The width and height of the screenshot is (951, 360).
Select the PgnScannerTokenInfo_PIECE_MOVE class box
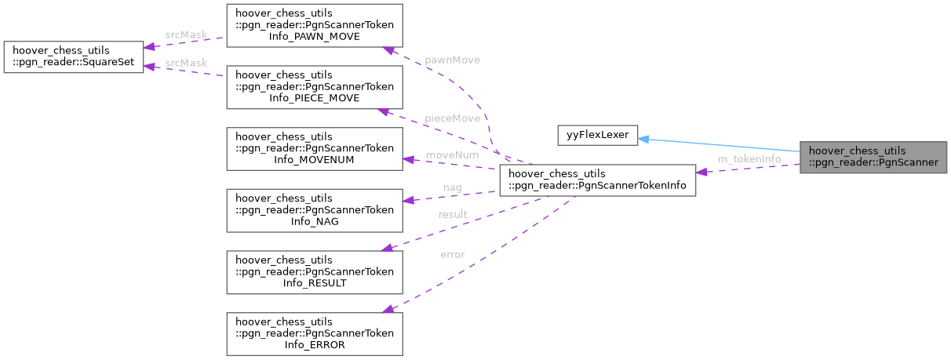coord(315,87)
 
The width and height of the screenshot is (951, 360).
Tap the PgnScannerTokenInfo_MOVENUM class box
coord(315,149)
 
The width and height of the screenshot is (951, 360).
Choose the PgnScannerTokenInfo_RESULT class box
coord(315,272)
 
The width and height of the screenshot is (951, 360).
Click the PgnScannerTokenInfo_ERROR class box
coord(315,333)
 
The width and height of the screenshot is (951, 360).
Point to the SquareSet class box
coord(74,57)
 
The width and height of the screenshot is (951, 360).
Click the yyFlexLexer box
coord(598,134)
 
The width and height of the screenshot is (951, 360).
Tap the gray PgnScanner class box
coord(874,158)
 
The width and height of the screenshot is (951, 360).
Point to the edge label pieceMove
coord(452,118)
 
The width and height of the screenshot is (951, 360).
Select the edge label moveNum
coord(452,155)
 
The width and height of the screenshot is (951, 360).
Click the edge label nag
coord(452,187)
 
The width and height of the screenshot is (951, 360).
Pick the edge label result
coord(452,214)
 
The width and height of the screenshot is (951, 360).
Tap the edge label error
coord(452,254)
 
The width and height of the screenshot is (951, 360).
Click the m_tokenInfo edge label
coord(749,159)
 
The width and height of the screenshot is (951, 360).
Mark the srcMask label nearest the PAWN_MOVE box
coord(185,35)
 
